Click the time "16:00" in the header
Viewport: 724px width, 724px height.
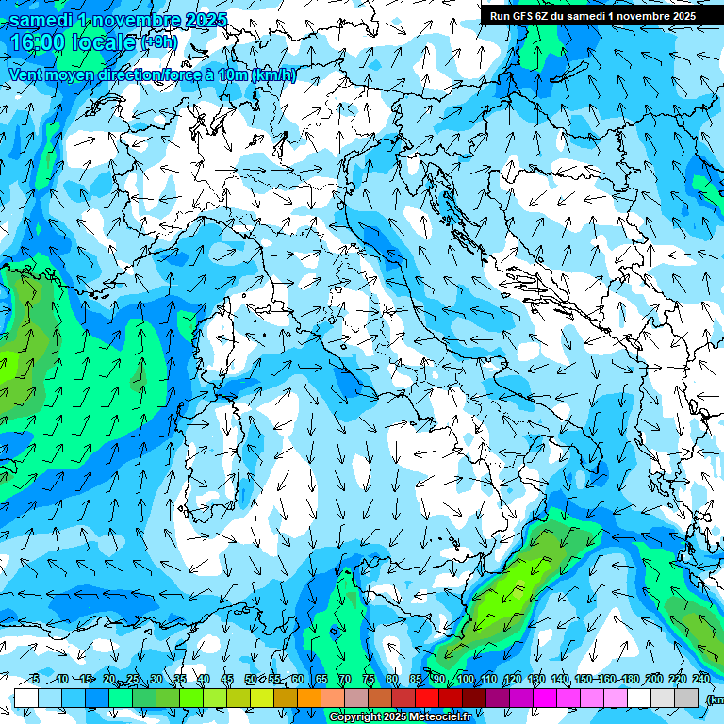[41, 42]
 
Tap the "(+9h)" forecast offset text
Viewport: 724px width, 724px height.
[159, 41]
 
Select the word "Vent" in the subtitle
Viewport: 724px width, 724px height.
[27, 75]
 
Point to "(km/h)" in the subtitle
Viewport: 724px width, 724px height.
[274, 75]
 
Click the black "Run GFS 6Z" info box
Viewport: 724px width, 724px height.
[592, 15]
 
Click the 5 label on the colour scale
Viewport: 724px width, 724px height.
[35, 679]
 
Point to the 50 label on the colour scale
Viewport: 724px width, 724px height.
[251, 679]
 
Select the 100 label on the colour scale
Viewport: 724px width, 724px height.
[466, 679]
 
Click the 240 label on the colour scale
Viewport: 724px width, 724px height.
[701, 679]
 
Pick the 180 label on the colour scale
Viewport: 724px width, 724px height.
[629, 679]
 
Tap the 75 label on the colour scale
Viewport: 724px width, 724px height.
[369, 679]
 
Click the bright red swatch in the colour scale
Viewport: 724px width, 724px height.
[427, 698]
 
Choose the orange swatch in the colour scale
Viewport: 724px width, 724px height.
[309, 698]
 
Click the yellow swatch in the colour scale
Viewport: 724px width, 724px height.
[262, 698]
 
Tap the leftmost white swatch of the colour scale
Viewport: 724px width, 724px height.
[26, 698]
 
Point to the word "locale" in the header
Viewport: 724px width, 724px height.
[106, 42]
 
